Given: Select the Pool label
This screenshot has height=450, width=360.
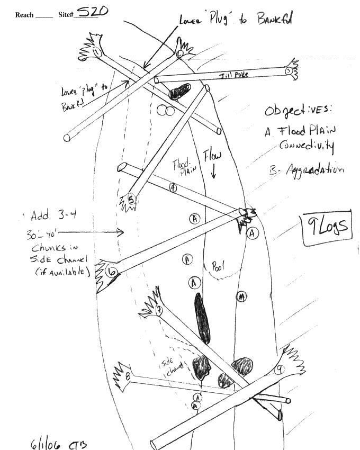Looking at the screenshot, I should (217, 268).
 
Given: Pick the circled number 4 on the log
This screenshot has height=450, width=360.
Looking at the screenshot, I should (173, 187).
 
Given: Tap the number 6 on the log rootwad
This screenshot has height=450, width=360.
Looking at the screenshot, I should (112, 272).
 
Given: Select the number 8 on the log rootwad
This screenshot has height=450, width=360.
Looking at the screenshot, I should (128, 376).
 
